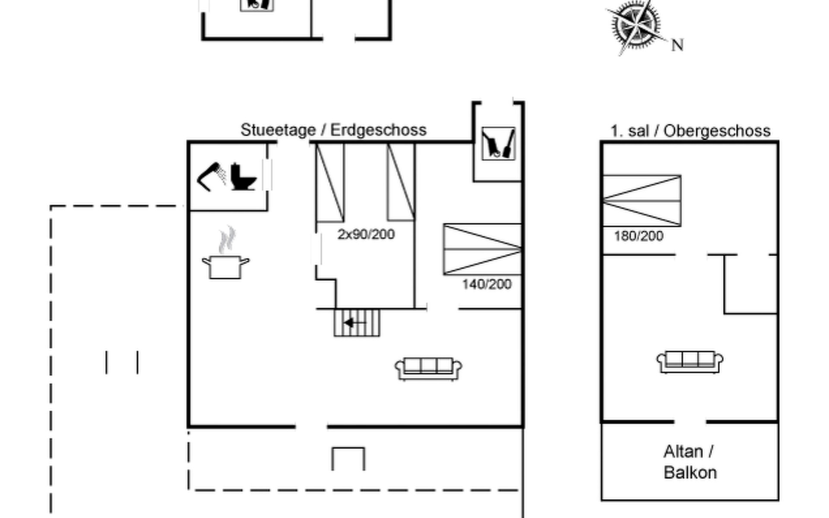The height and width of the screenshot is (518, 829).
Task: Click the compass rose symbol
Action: [x=636, y=26]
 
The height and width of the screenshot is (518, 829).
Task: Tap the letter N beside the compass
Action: [x=677, y=45]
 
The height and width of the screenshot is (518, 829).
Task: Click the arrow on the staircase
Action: [x=355, y=322]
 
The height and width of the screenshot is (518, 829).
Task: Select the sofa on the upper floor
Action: [x=690, y=362]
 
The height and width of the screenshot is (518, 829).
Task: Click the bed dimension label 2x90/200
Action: [x=366, y=234]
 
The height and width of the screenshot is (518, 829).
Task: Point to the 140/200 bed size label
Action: [x=487, y=284]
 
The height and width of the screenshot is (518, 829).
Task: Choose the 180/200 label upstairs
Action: [x=639, y=236]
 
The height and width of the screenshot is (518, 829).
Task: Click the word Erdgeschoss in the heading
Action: [x=378, y=130]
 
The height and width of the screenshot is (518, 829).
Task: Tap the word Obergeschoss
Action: [x=717, y=131]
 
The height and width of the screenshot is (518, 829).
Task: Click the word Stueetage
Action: [x=278, y=130]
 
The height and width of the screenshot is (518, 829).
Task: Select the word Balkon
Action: [x=690, y=473]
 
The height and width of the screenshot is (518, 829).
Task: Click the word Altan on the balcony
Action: [x=683, y=452]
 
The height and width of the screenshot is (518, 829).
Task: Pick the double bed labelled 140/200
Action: [x=482, y=249]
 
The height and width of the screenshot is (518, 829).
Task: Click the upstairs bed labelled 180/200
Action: [x=642, y=201]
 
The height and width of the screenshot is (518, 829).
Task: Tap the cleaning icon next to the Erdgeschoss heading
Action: [x=498, y=144]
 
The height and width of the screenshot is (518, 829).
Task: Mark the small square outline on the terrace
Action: [x=348, y=459]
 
